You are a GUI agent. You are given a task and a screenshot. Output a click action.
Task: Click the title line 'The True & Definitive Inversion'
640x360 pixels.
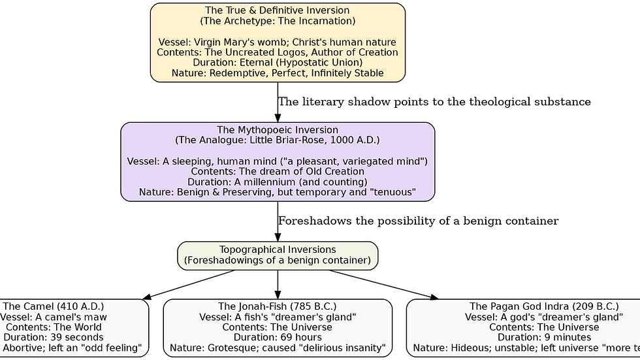pos(278,10)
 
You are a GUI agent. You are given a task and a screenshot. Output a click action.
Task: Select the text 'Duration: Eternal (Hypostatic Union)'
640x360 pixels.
pos(278,63)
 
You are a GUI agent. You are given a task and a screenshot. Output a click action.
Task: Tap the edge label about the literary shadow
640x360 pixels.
pos(434,102)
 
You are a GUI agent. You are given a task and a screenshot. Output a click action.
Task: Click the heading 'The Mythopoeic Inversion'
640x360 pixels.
pos(278,130)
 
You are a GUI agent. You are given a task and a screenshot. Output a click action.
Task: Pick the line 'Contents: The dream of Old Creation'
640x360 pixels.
pos(278,171)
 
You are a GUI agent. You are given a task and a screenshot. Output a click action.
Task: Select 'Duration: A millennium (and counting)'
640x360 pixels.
pos(278,182)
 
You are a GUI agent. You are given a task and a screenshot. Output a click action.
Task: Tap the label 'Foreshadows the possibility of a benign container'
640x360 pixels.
pos(418,221)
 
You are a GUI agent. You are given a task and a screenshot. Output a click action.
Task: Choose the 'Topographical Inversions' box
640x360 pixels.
pos(278,255)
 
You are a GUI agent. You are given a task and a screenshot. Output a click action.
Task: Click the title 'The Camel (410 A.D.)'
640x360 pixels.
pos(54,306)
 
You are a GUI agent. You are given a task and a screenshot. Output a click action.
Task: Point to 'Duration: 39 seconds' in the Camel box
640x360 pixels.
pos(54,338)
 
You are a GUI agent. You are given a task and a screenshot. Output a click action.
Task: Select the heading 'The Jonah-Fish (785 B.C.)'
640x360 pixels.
pos(278,306)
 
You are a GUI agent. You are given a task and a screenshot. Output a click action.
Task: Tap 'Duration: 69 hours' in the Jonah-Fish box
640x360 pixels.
pos(278,338)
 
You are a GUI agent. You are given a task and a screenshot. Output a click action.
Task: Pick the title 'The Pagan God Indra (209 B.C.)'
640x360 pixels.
pos(544,306)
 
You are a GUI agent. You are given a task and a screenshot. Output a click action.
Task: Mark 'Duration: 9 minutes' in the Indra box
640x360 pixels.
pos(544,338)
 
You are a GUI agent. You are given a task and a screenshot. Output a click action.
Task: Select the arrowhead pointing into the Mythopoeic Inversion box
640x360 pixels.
pos(278,118)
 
